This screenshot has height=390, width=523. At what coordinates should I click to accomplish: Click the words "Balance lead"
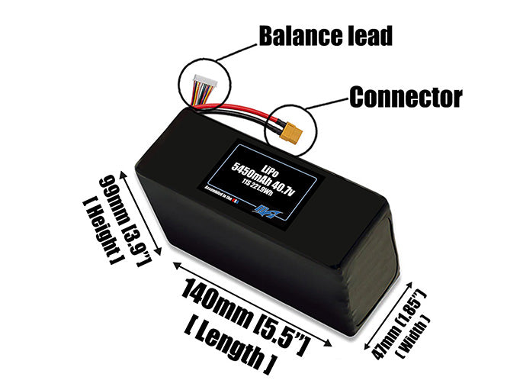point(326,35)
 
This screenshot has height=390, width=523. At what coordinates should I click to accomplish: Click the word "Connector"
point(406,98)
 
